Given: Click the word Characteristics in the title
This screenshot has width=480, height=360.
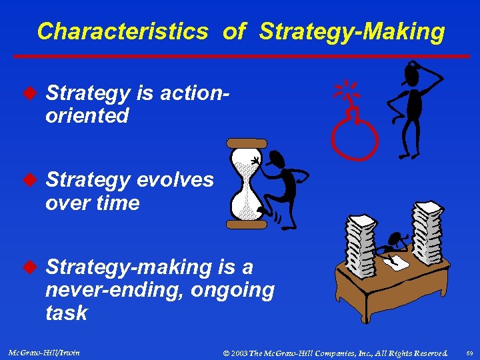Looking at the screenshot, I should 122,31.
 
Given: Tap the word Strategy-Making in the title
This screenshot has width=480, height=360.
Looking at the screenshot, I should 351,31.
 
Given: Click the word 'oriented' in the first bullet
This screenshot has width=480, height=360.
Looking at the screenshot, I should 87,116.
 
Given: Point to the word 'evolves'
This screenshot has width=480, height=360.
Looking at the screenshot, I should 175,180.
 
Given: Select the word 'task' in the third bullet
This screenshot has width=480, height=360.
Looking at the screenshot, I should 66,313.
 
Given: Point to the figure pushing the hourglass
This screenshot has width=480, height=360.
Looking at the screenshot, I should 283,183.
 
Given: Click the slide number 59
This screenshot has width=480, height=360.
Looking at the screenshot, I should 468,352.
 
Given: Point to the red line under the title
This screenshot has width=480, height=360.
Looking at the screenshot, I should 239,56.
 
